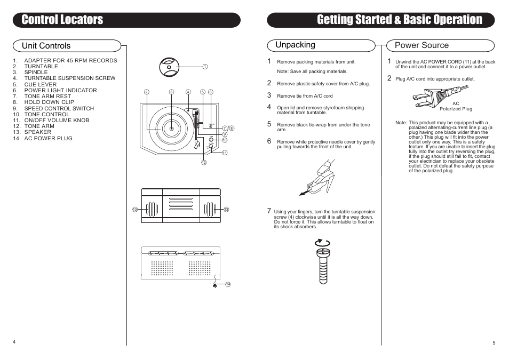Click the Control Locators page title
tap(62, 20)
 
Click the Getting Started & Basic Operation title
tap(399, 20)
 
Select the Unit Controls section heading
tap(46, 46)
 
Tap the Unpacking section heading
tap(295, 45)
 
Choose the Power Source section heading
tap(421, 45)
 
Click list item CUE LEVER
tap(40, 84)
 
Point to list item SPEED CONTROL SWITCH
tap(59, 108)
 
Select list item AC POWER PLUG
tap(48, 138)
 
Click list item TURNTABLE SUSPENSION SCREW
tap(69, 78)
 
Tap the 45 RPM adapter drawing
tap(169, 67)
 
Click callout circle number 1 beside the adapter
tap(204, 67)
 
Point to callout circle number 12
tap(203, 162)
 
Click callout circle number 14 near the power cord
tap(227, 284)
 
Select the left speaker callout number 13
tap(135, 209)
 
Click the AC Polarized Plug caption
tap(456, 106)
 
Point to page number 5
tap(494, 343)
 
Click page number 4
tap(14, 341)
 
